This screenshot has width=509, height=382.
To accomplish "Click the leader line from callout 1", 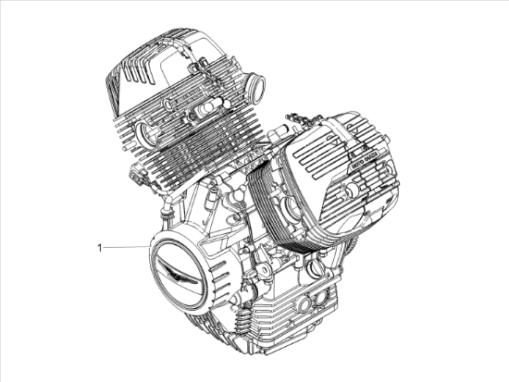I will coord(126,246).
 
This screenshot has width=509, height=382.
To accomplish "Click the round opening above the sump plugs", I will coord(316,268).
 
